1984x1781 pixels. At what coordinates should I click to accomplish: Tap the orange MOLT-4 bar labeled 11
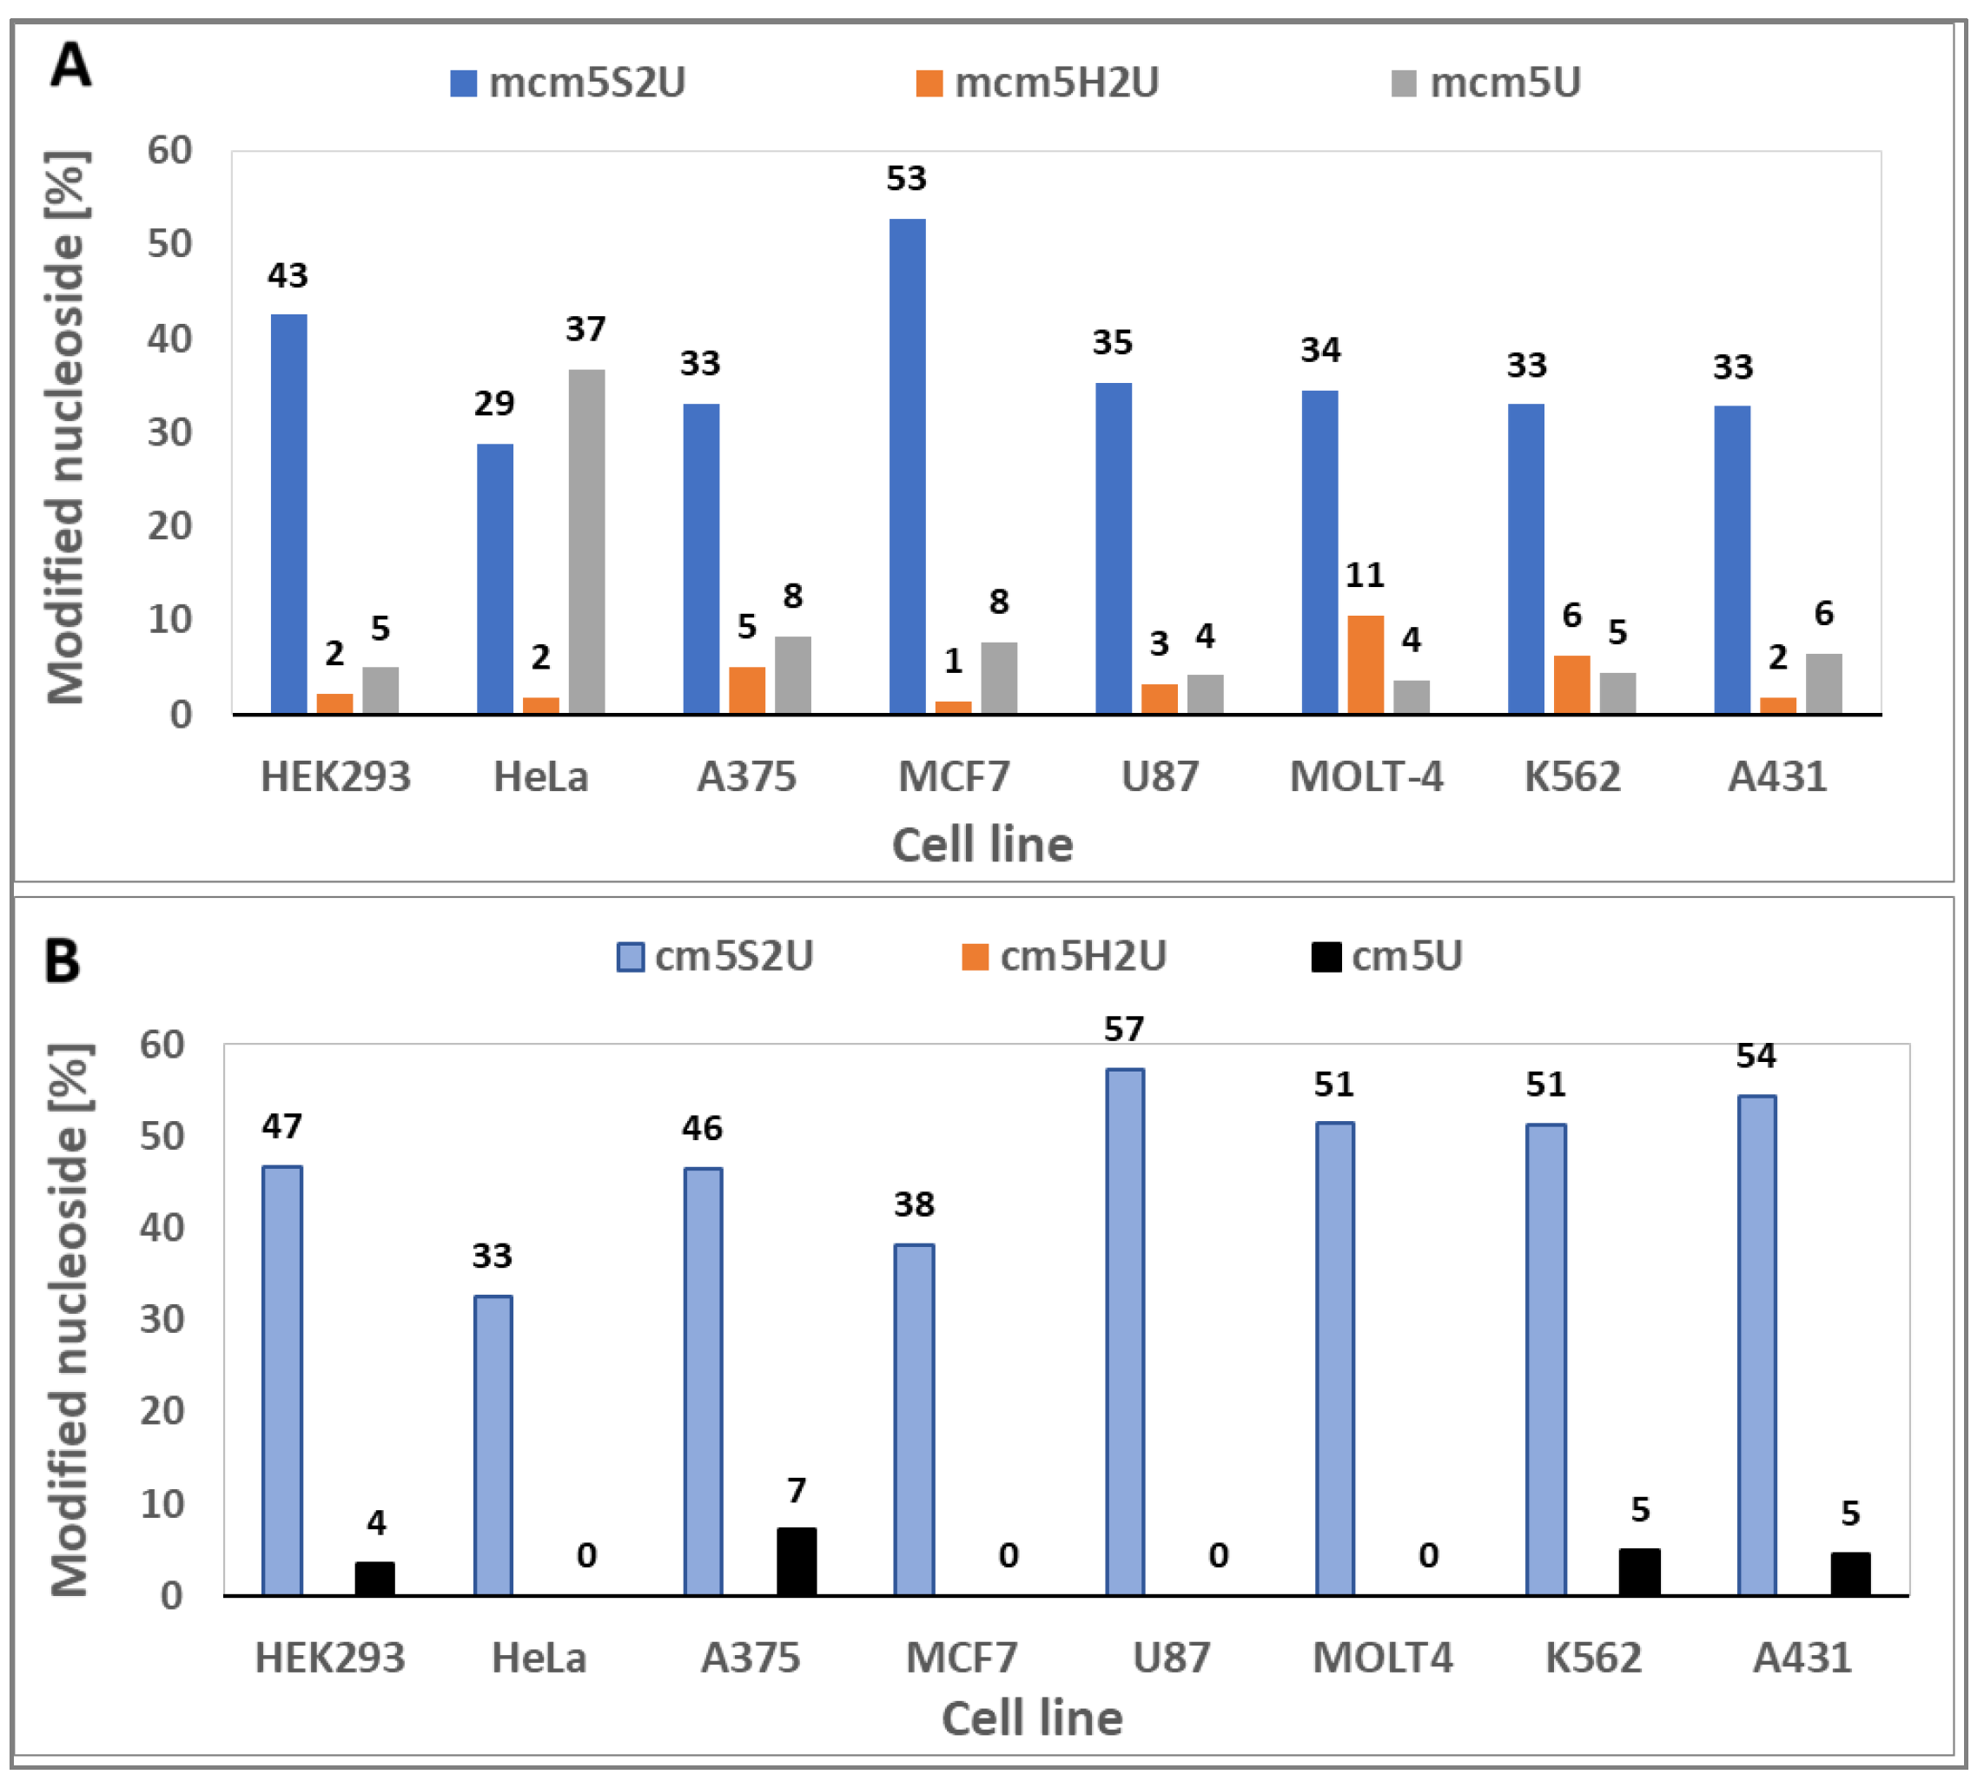(1366, 664)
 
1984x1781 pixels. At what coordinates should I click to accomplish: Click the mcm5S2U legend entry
(569, 83)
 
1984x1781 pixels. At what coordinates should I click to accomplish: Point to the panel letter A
(70, 66)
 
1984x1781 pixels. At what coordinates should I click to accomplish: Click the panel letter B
(63, 962)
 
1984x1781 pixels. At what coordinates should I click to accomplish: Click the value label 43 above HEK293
(288, 276)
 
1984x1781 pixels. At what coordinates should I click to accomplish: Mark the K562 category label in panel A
(1572, 777)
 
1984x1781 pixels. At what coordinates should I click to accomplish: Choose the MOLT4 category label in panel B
(1382, 1658)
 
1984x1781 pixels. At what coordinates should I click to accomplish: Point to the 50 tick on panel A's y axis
(169, 244)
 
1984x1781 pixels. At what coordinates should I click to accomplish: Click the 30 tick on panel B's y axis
(162, 1319)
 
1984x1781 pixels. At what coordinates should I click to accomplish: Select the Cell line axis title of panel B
(1032, 1719)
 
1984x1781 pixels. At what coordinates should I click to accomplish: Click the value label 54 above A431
(1756, 1056)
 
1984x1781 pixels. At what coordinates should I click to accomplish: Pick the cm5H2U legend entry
(1065, 956)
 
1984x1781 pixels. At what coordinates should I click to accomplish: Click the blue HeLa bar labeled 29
(494, 578)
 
